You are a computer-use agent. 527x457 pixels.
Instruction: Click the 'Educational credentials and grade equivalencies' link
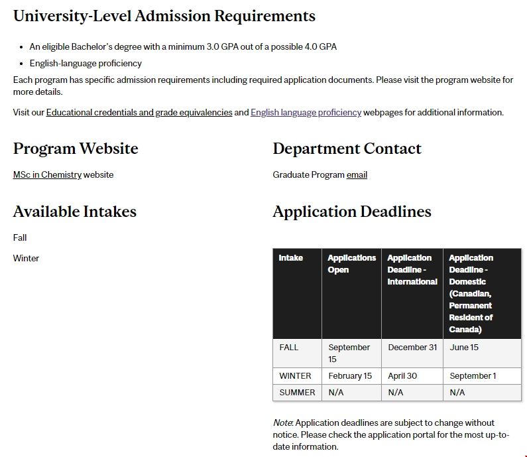pyautogui.click(x=139, y=113)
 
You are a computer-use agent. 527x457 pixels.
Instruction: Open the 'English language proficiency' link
pyautogui.click(x=306, y=113)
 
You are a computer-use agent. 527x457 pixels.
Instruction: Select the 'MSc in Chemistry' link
pyautogui.click(x=47, y=175)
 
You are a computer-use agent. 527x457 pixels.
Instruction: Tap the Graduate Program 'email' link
pyautogui.click(x=357, y=175)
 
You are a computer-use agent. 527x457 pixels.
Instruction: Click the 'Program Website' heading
pyautogui.click(x=76, y=149)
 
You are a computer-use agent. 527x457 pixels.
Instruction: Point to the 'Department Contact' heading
pyautogui.click(x=347, y=149)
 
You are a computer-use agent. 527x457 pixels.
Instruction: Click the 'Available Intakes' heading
pyautogui.click(x=75, y=212)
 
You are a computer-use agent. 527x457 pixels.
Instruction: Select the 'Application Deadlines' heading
pyautogui.click(x=352, y=212)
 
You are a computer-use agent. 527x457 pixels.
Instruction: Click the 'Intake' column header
pyautogui.click(x=291, y=258)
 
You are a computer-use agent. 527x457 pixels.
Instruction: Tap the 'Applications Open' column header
pyautogui.click(x=351, y=264)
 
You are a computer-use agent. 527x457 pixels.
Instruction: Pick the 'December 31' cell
pyautogui.click(x=412, y=348)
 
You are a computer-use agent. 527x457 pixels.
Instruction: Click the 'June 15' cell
pyautogui.click(x=464, y=348)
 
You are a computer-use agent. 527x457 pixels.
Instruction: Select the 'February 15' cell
pyautogui.click(x=350, y=376)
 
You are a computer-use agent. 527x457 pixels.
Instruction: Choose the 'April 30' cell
pyautogui.click(x=402, y=376)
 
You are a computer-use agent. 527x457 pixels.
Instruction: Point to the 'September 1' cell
pyautogui.click(x=473, y=376)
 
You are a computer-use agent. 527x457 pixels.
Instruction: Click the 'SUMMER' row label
pyautogui.click(x=297, y=393)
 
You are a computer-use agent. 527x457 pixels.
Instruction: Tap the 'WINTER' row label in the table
pyautogui.click(x=295, y=376)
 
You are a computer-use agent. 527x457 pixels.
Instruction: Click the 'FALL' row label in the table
pyautogui.click(x=289, y=348)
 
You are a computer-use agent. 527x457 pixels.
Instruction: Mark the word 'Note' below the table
pyautogui.click(x=283, y=423)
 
